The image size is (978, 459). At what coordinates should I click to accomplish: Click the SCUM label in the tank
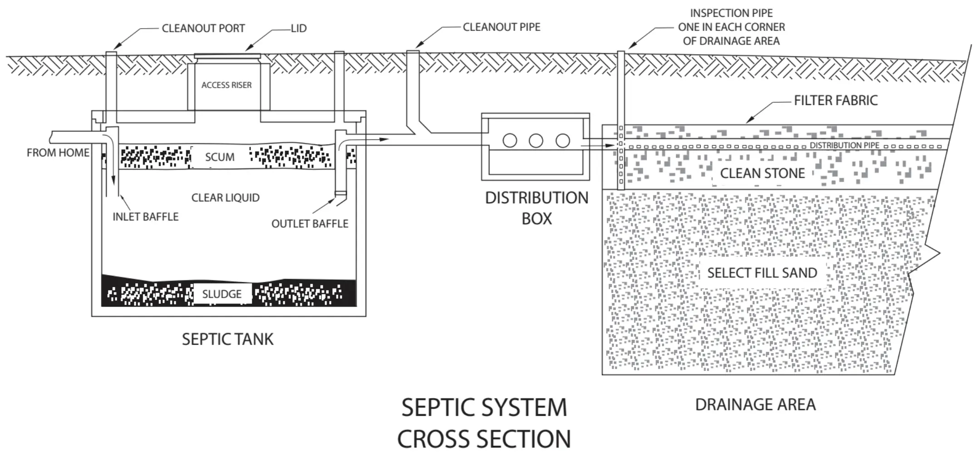[220, 157]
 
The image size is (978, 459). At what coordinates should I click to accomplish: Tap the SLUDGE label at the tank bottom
[222, 294]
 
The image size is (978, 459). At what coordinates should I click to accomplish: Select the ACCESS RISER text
[227, 85]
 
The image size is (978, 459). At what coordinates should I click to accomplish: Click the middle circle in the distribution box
[536, 140]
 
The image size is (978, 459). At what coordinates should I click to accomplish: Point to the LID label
[299, 29]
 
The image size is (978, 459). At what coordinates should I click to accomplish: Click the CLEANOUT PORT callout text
[203, 29]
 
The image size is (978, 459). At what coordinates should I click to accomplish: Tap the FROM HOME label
[58, 153]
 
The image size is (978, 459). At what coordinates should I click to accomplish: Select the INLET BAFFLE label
[145, 217]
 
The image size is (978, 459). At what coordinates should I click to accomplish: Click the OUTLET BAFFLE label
[310, 224]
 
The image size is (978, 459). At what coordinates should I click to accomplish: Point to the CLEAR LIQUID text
[225, 198]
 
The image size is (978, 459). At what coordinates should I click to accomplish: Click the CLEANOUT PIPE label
[501, 27]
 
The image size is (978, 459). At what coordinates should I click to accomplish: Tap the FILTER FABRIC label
[835, 100]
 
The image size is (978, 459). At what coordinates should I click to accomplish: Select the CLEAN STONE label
[762, 173]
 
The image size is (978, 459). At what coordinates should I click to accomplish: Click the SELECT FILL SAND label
[762, 273]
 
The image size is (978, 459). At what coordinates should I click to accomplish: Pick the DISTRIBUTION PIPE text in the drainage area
[845, 146]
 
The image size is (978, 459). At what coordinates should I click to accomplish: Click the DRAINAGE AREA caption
[755, 404]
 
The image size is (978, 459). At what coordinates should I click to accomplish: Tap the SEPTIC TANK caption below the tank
[227, 339]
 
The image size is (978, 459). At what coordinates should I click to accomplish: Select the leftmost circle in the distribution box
[510, 140]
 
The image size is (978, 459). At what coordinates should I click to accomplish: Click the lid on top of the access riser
[227, 56]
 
